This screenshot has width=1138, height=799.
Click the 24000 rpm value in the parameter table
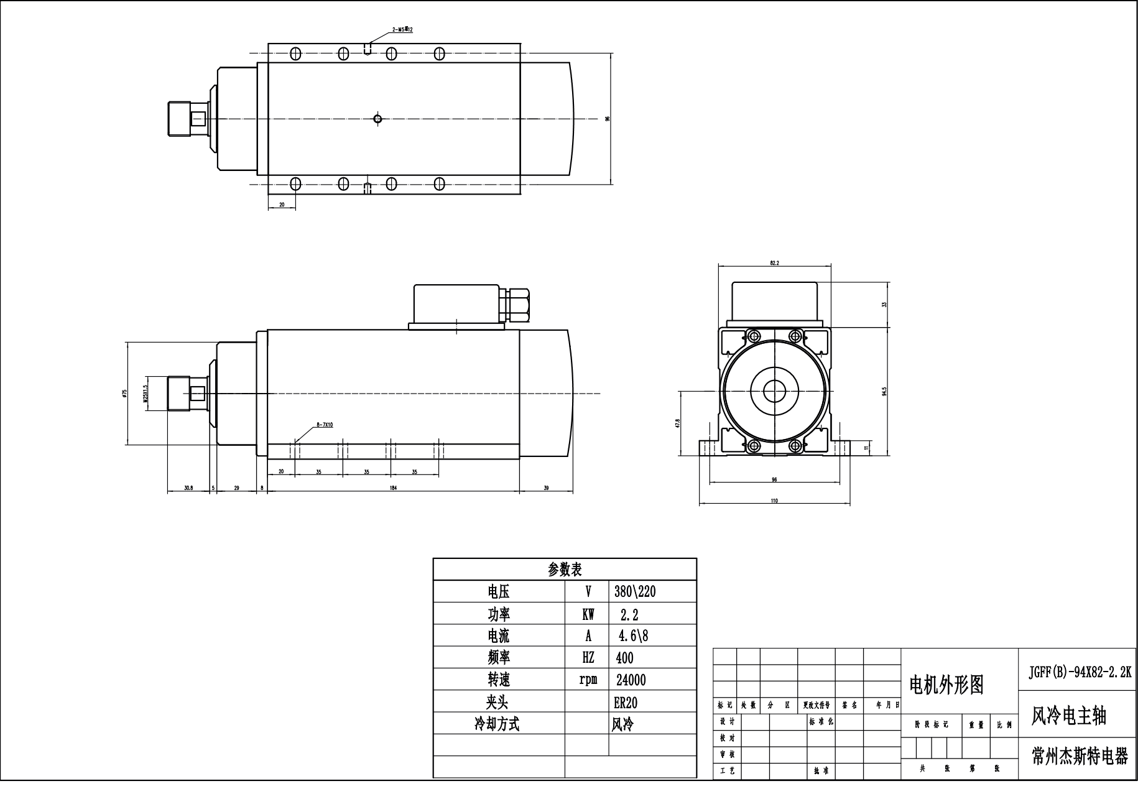(631, 680)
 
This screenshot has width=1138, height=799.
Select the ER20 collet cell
(625, 702)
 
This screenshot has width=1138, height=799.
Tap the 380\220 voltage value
(635, 591)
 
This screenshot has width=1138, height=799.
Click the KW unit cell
(588, 614)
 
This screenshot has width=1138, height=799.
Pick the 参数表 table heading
(564, 570)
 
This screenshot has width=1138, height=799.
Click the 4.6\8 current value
(632, 635)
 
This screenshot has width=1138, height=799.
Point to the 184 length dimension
(393, 488)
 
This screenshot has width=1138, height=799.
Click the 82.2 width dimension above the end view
(774, 263)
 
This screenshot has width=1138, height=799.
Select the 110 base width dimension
(774, 501)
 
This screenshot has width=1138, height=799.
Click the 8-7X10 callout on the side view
(325, 425)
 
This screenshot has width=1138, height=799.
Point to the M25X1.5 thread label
(146, 394)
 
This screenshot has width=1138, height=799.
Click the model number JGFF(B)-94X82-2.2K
(1080, 672)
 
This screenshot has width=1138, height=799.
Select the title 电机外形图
(946, 685)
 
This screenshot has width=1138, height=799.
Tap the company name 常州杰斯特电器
(1080, 757)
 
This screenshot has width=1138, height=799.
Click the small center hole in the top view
(377, 118)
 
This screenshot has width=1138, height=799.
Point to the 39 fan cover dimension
(546, 488)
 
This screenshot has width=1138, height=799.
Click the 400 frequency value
(624, 658)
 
